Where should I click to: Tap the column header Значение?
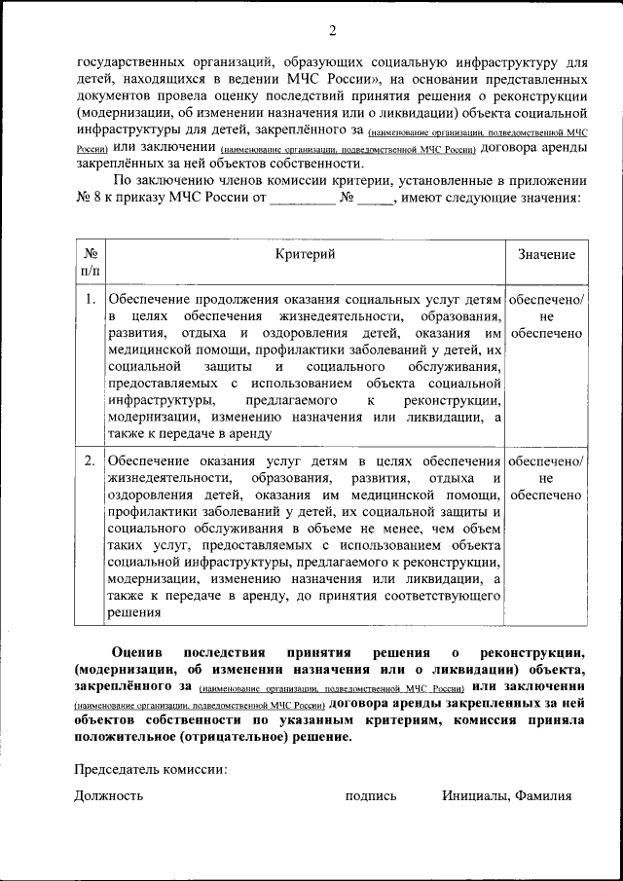click(546, 255)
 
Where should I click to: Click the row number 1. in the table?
click(91, 300)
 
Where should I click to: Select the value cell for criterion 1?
click(546, 317)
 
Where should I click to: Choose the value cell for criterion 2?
click(546, 478)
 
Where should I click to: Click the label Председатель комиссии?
click(151, 770)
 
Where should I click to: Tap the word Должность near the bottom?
click(109, 795)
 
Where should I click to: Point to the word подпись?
click(371, 795)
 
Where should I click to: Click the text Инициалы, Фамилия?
click(506, 795)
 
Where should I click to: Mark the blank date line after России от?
click(302, 200)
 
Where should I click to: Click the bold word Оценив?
click(137, 651)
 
